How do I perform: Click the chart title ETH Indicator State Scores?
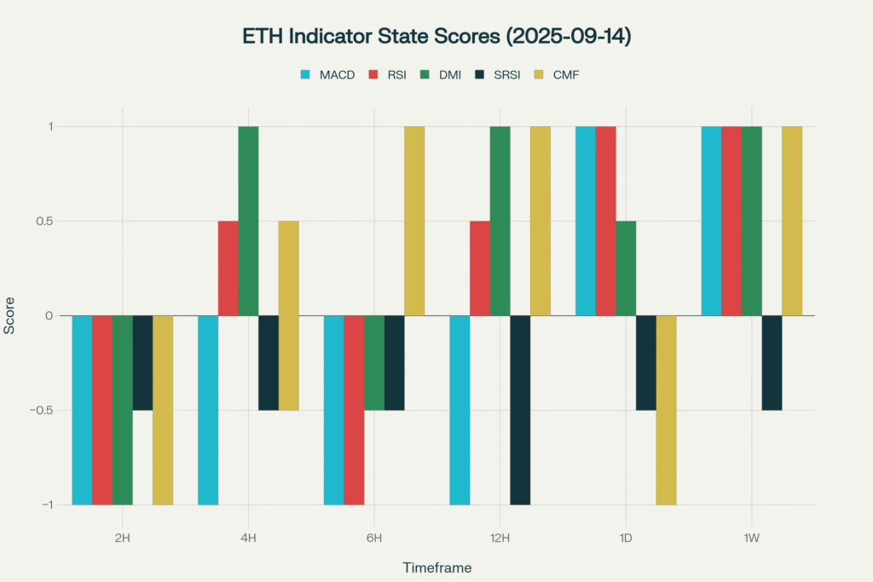click(x=436, y=37)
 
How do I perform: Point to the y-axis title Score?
click(x=10, y=316)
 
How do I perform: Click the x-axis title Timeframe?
click(x=436, y=567)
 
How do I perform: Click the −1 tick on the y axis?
click(x=44, y=504)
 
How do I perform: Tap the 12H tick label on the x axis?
click(x=500, y=538)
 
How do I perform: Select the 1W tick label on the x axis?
click(x=751, y=538)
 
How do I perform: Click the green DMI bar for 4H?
click(x=248, y=221)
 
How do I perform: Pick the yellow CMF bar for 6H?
click(x=414, y=221)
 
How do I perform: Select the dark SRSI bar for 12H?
click(x=520, y=410)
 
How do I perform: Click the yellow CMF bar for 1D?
click(x=666, y=410)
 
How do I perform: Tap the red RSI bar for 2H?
click(x=102, y=410)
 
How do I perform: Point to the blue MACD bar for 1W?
click(x=711, y=221)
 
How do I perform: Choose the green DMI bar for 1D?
click(x=626, y=268)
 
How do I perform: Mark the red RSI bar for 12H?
click(x=479, y=268)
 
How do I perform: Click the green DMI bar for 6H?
click(x=374, y=363)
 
